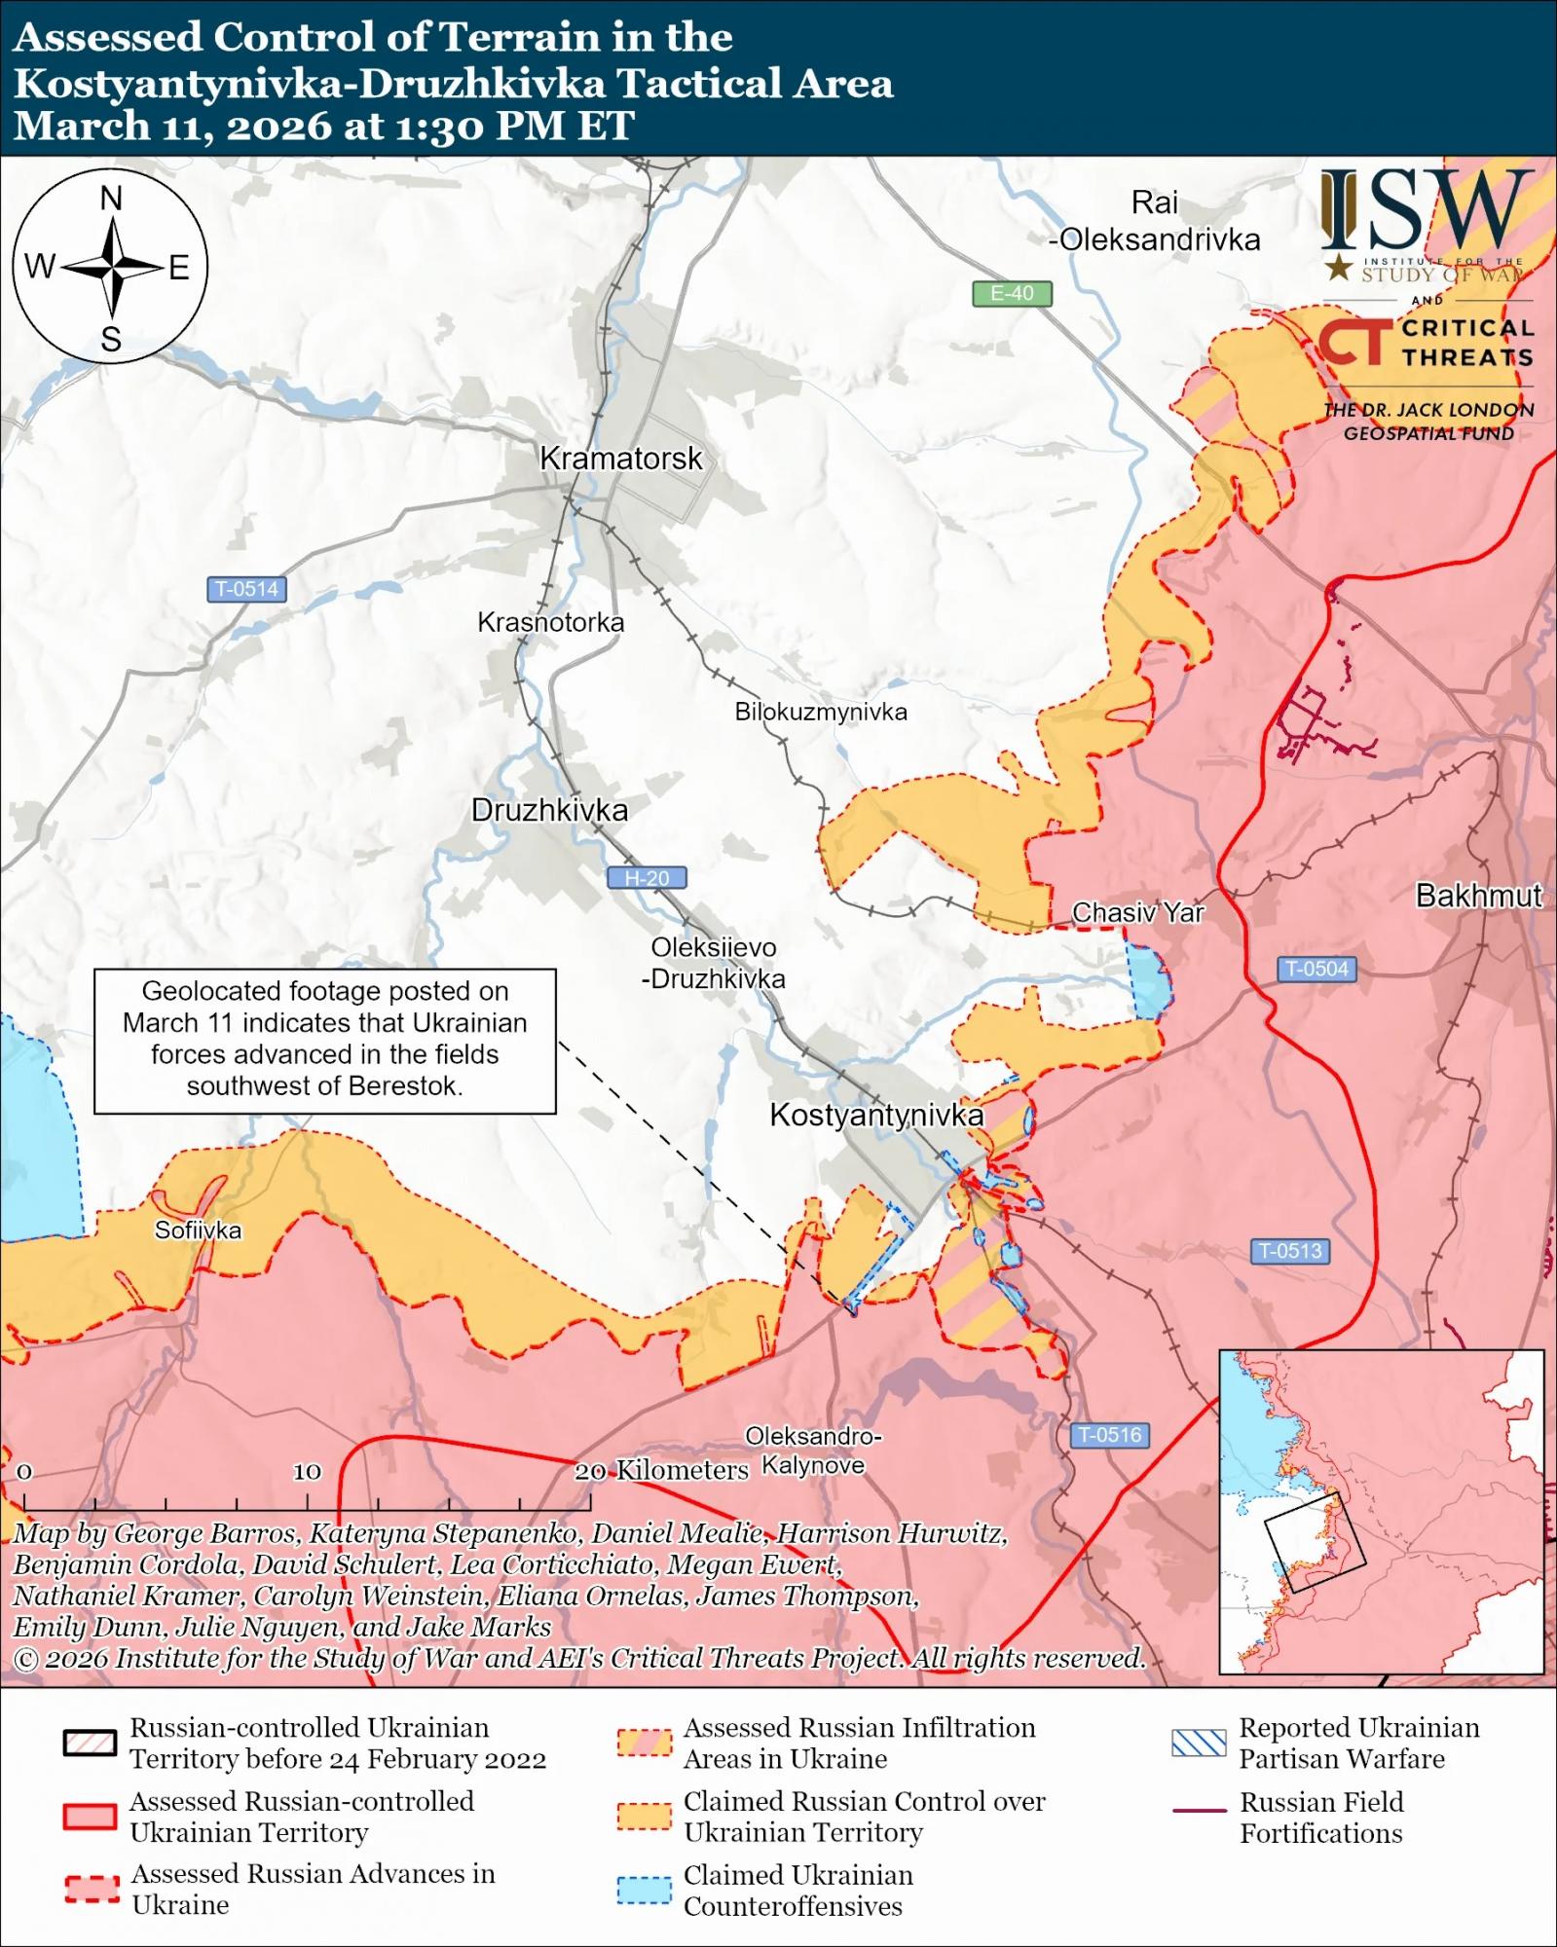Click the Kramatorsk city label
pyautogui.click(x=620, y=459)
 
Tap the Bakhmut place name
pyautogui.click(x=1478, y=896)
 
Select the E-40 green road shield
pyautogui.click(x=1012, y=293)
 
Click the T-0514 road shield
pyautogui.click(x=246, y=589)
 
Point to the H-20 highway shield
pyautogui.click(x=647, y=878)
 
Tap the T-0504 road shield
pyautogui.click(x=1316, y=969)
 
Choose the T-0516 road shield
pyautogui.click(x=1110, y=1435)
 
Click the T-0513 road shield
pyautogui.click(x=1289, y=1251)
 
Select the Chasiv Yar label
pyautogui.click(x=1137, y=913)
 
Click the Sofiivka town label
pyautogui.click(x=198, y=1231)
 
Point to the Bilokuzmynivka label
pyautogui.click(x=821, y=712)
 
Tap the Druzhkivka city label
pyautogui.click(x=549, y=810)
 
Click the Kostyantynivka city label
pyautogui.click(x=876, y=1116)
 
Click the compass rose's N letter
pyautogui.click(x=111, y=199)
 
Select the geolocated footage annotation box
pyautogui.click(x=324, y=1040)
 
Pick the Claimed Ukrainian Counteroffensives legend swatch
pyautogui.click(x=644, y=1890)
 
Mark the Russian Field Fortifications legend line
pyautogui.click(x=1199, y=1810)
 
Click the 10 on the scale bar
pyautogui.click(x=307, y=1472)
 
